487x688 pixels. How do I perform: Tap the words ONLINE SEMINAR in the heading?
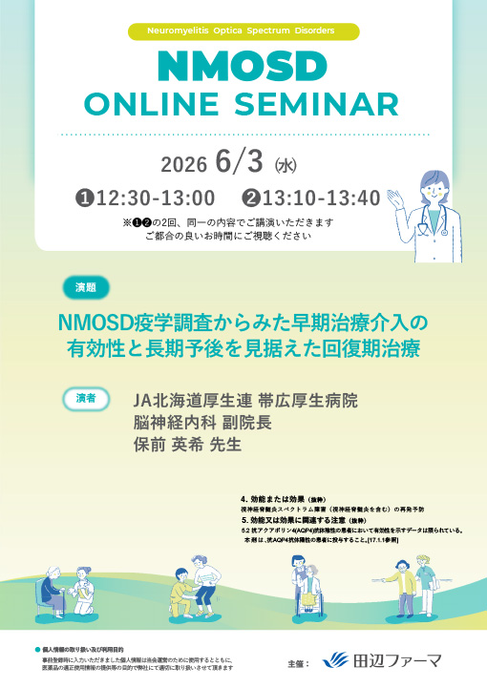[243, 104]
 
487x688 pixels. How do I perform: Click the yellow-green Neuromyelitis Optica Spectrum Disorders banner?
[243, 31]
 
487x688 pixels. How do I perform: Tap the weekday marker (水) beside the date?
[286, 165]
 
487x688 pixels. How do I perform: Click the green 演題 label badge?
[85, 287]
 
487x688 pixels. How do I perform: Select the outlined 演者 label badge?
[85, 396]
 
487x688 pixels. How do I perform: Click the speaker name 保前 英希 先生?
[187, 445]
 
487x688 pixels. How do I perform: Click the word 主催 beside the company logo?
[299, 661]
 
